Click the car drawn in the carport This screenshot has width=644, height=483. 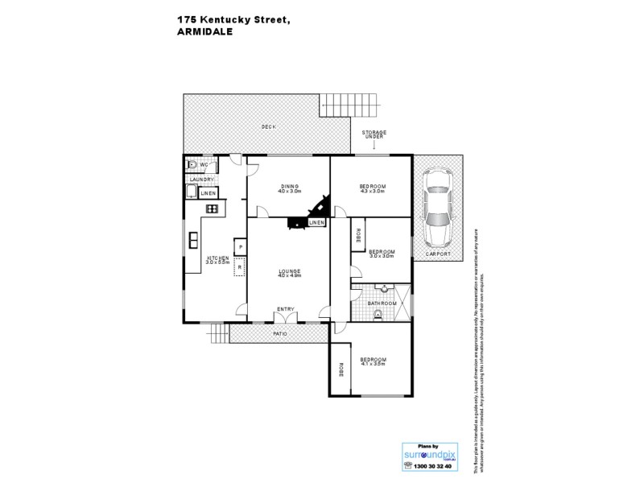pyautogui.click(x=438, y=208)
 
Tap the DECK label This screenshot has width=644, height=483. pyautogui.click(x=268, y=127)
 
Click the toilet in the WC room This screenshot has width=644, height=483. pyautogui.click(x=191, y=164)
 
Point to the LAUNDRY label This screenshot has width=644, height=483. pyautogui.click(x=201, y=180)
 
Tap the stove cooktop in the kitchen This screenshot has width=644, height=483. pyautogui.click(x=213, y=208)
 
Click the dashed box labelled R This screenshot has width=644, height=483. pyautogui.click(x=239, y=266)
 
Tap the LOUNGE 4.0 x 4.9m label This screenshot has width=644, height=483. pyautogui.click(x=289, y=274)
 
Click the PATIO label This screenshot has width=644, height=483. pyautogui.click(x=279, y=332)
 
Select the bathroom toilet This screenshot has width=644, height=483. pyautogui.click(x=378, y=315)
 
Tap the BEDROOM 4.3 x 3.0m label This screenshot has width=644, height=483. pyautogui.click(x=372, y=188)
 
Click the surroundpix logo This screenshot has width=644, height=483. pyautogui.click(x=429, y=456)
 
